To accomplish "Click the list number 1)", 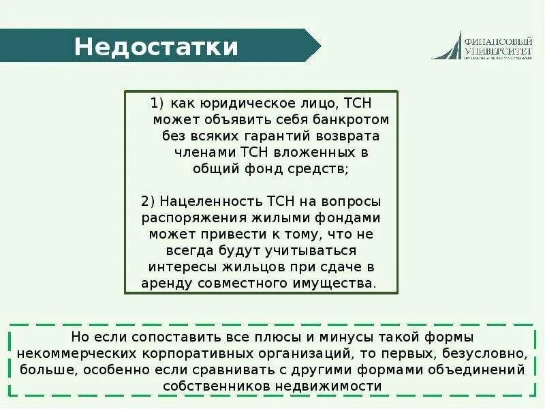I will (x=157, y=104).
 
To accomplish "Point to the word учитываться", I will (x=311, y=250).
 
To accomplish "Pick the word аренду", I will (x=163, y=283).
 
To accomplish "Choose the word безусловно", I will (x=488, y=354).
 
